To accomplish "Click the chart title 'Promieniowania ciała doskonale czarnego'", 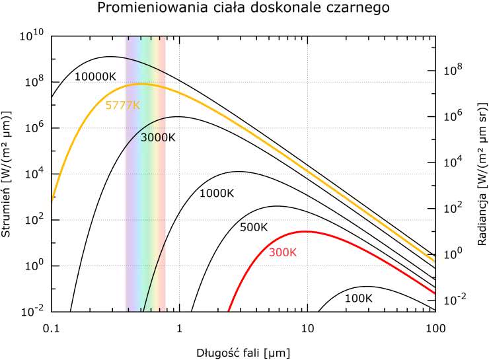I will click(243, 9).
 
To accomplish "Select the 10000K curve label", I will click(95, 77).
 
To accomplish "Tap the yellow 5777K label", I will click(123, 105).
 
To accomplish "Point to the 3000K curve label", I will click(158, 137).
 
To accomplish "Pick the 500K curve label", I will click(254, 227).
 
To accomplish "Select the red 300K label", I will click(283, 252).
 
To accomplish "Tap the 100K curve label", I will click(359, 298).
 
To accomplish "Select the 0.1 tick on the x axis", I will click(50, 327).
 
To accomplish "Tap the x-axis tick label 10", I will click(307, 327).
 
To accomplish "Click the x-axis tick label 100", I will click(434, 327).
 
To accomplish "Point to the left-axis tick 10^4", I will click(32, 174).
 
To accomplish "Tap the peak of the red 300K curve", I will click(305, 231).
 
